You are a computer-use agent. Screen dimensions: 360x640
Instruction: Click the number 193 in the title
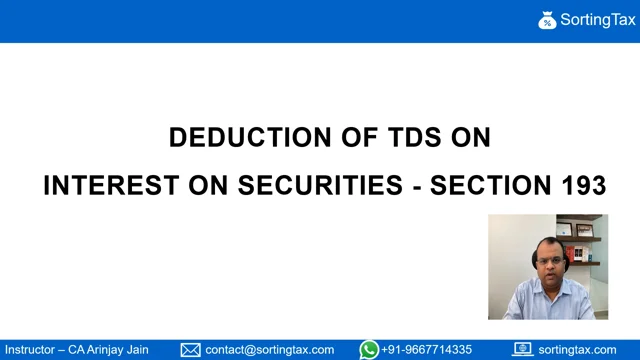pos(583,185)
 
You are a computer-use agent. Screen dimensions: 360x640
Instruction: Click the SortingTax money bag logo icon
pos(547,20)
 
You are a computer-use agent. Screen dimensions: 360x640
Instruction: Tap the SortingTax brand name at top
pos(598,20)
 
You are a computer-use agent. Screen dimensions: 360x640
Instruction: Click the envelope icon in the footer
pos(190,350)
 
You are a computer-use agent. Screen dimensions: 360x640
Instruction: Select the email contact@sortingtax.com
pos(270,350)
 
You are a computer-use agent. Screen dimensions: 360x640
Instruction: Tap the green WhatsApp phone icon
pos(369,350)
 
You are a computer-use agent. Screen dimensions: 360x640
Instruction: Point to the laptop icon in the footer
pos(522,350)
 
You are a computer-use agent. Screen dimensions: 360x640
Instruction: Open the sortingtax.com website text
pos(577,350)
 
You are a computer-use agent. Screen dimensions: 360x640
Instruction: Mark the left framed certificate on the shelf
pos(564,229)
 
